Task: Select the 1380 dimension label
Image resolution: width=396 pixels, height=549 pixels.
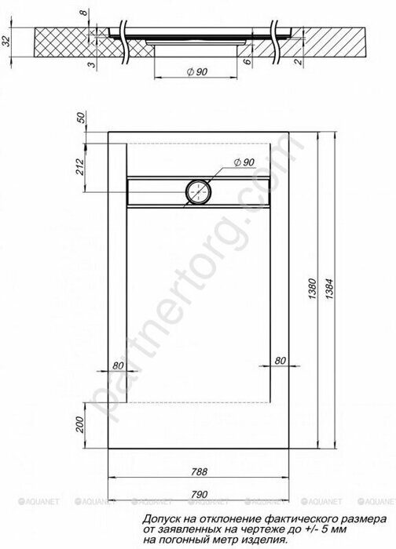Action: coord(312,289)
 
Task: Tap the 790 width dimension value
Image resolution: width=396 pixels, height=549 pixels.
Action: coord(200,495)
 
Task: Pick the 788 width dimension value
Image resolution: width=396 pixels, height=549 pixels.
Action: coord(200,471)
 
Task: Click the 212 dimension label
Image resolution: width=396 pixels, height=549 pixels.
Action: coord(80,166)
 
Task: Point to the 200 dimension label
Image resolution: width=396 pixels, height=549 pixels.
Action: coord(80,425)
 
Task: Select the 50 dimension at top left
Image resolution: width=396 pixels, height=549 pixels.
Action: coord(80,118)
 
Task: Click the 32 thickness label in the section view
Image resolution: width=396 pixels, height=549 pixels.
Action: coord(6,42)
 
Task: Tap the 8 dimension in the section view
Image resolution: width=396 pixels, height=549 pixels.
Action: coord(83,13)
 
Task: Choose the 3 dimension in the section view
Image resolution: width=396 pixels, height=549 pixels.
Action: coord(92,65)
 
